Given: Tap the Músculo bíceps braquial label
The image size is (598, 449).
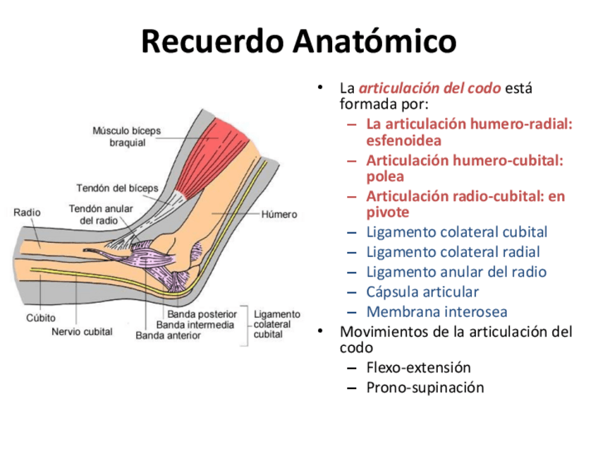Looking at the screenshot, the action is coord(127,136).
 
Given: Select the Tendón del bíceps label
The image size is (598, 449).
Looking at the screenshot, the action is coord(117,188).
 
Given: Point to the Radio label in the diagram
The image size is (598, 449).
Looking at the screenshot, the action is coord(28,212).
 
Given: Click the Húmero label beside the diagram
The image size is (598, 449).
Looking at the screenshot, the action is coord(279,214).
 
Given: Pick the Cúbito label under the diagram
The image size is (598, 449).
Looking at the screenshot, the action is coord(41,318).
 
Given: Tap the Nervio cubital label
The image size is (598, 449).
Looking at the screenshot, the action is coord(82,331).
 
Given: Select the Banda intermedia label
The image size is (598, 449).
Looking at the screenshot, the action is coord(195,325).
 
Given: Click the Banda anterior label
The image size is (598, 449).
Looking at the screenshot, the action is coord(168,335).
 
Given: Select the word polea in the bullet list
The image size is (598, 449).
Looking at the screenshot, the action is coord(385,176).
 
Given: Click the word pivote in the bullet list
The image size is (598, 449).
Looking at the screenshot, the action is coord(387,212).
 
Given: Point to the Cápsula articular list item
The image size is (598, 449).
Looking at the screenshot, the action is coord(422,292).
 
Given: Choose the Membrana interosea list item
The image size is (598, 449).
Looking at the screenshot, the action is coord(437,311).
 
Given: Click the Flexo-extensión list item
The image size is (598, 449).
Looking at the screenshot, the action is coord(418,367).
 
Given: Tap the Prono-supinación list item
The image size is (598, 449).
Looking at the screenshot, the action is coord(425,387).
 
